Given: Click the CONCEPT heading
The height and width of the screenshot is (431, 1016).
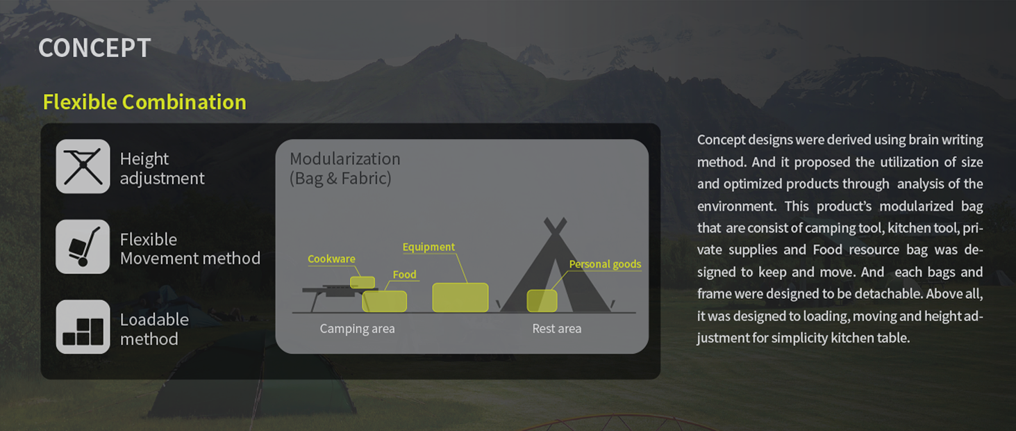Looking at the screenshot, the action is pyautogui.click(x=94, y=48).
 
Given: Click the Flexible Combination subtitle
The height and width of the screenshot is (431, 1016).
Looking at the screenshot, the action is pyautogui.click(x=144, y=101).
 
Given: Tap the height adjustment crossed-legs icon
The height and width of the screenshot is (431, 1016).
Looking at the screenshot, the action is pyautogui.click(x=83, y=166).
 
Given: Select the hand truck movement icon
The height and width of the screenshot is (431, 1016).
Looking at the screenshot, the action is pyautogui.click(x=83, y=247).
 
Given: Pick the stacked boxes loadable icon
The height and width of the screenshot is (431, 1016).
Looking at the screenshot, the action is pyautogui.click(x=83, y=327).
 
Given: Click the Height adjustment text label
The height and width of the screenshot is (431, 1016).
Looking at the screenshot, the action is pyautogui.click(x=162, y=168).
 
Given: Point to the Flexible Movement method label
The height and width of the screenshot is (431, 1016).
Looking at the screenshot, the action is pyautogui.click(x=190, y=249).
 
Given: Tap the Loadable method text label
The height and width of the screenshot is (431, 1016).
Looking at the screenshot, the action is pyautogui.click(x=154, y=330).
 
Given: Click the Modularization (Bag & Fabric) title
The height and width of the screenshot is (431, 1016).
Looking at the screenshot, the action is pyautogui.click(x=344, y=168).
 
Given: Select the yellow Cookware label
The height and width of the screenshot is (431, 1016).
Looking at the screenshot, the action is pyautogui.click(x=331, y=259).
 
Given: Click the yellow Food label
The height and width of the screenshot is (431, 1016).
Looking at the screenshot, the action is pyautogui.click(x=405, y=275).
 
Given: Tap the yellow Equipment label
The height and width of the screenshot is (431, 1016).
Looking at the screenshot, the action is pyautogui.click(x=428, y=247).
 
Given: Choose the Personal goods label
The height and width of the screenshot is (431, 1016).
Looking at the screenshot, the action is pyautogui.click(x=605, y=264).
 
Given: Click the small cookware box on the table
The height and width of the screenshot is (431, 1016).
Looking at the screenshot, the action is pyautogui.click(x=363, y=282).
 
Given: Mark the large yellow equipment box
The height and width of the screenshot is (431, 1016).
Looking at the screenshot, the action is pyautogui.click(x=460, y=298).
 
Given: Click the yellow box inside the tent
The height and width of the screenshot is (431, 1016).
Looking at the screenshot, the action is pyautogui.click(x=542, y=300).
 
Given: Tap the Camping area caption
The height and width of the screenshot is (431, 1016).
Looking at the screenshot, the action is pyautogui.click(x=358, y=328).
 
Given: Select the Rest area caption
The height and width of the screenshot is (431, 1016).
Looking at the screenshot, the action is pyautogui.click(x=556, y=328).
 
